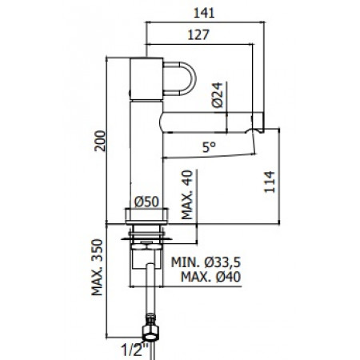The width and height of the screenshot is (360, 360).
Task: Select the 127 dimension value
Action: pyautogui.click(x=202, y=34)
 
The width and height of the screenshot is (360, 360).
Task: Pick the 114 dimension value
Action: pyautogui.click(x=269, y=182)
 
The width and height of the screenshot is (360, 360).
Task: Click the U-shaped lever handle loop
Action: pyautogui.click(x=178, y=78)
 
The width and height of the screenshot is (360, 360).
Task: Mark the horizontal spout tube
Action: pyautogui.click(x=208, y=123)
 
